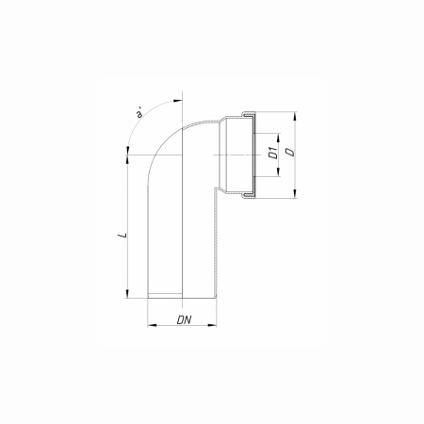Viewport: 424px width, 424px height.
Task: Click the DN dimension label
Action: coord(185,319)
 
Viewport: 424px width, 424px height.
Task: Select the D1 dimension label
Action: coord(273,153)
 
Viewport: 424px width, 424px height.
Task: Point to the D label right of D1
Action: coord(291,152)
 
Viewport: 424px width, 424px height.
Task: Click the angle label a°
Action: coord(139,113)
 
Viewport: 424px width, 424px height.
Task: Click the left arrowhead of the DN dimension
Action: coord(152,325)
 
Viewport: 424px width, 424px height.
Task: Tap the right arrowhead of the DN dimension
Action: coord(212,325)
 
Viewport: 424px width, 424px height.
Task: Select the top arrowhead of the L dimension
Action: coord(127,159)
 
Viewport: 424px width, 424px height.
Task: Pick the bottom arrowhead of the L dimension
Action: coord(127,294)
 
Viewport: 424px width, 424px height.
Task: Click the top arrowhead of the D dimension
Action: coord(295,116)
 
